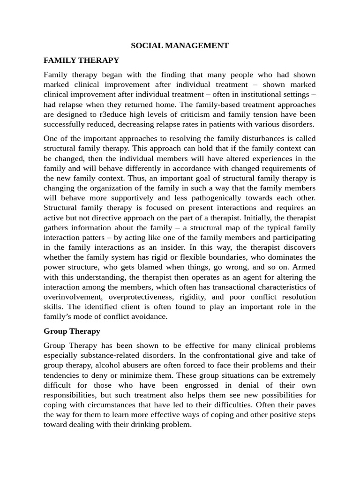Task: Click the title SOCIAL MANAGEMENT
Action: point(180,45)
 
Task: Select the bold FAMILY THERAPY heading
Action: point(82,60)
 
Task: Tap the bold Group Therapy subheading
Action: point(72,331)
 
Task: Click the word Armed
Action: point(304,267)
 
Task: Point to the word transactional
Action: point(239,287)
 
